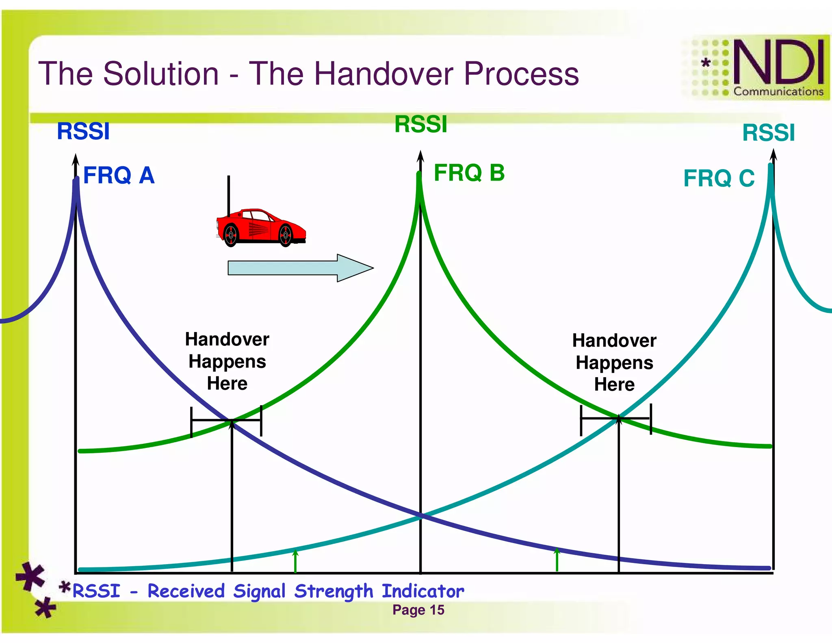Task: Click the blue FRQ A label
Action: coord(118,176)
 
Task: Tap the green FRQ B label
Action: coord(469,173)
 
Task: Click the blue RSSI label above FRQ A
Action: coord(83,131)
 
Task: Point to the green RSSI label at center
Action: coord(420,124)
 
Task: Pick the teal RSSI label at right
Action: coord(768,133)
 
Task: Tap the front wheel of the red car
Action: coord(286,235)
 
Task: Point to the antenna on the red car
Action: coord(229,195)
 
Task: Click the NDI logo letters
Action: coord(778,62)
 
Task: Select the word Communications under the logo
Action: coord(778,92)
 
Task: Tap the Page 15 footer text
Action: coord(418,610)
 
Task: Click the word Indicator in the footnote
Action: coord(422,591)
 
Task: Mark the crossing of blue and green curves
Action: coord(232,420)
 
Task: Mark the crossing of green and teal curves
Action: coord(619,417)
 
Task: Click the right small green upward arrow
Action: coord(557,559)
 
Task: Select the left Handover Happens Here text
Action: coord(227,361)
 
